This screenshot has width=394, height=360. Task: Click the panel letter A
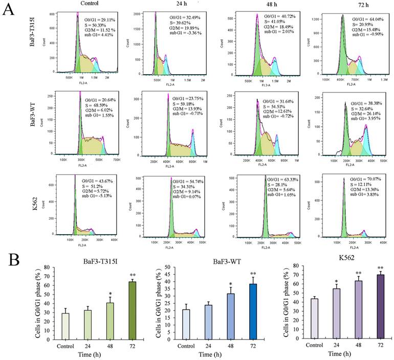pos(9,10)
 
